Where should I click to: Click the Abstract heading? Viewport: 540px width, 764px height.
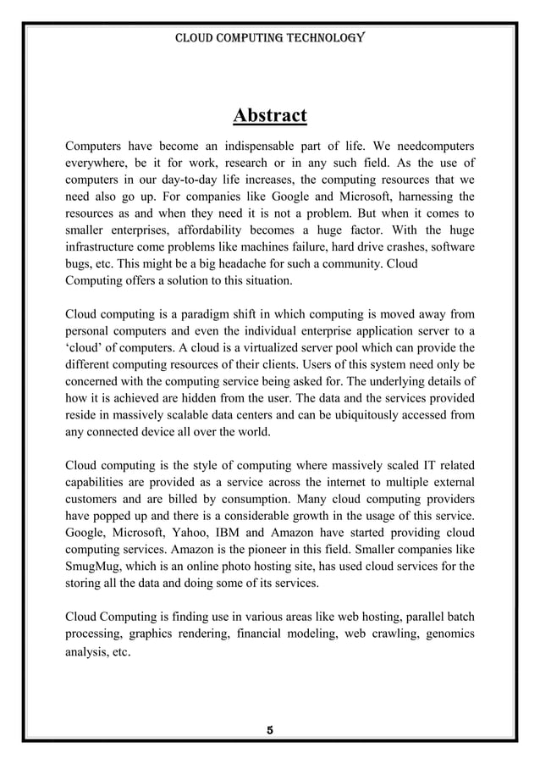click(269, 114)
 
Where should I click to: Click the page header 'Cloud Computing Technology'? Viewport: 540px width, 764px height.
click(269, 39)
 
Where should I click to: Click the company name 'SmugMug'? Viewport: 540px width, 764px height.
click(95, 566)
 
